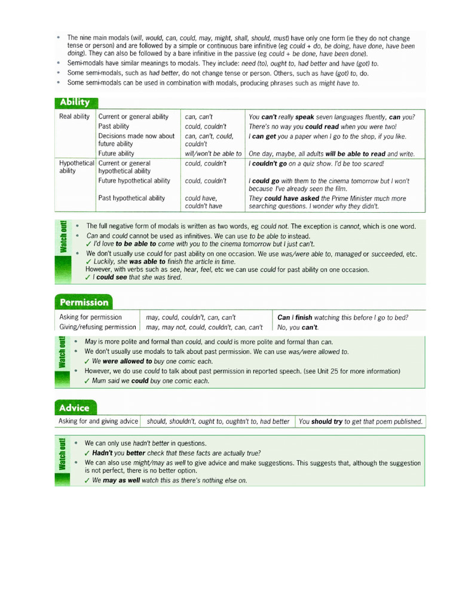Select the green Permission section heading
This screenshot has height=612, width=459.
click(83, 302)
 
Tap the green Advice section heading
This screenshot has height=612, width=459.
click(74, 408)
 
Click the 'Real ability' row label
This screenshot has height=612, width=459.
click(74, 117)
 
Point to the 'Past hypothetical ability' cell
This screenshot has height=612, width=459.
click(131, 198)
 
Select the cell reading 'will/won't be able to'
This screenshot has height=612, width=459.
click(213, 154)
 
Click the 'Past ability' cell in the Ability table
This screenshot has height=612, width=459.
click(114, 126)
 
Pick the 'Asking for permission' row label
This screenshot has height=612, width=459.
click(90, 317)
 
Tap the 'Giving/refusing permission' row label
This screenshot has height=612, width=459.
click(97, 327)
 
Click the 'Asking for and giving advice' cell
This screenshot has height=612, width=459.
click(98, 421)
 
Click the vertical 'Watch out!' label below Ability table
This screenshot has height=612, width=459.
click(63, 237)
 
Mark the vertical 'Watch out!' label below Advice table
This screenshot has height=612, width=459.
click(63, 454)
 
